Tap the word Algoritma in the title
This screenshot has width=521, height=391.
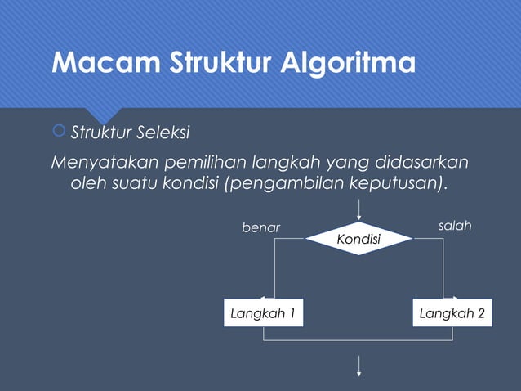tap(344, 62)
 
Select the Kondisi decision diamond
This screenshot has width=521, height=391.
tap(358, 238)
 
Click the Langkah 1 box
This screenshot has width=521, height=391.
tap(262, 313)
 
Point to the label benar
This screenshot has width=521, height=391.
tap(260, 227)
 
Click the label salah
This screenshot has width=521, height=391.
tap(455, 225)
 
